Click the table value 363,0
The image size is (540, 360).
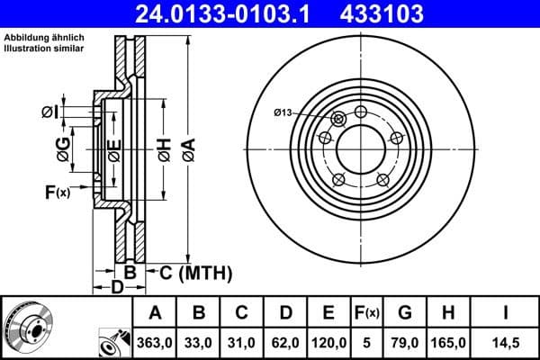[x=154, y=342]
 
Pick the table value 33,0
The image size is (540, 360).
[x=201, y=342]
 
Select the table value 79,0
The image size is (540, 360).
[x=405, y=342]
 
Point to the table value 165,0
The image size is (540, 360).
[x=447, y=342]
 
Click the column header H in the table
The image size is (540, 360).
[x=447, y=313]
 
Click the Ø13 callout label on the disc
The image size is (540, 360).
[x=283, y=112]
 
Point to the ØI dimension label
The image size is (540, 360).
[x=50, y=112]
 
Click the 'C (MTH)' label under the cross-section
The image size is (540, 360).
[x=188, y=272]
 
